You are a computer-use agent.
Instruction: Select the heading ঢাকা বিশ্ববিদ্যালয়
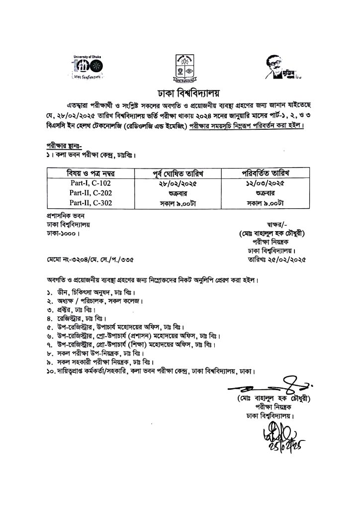(x=180, y=93)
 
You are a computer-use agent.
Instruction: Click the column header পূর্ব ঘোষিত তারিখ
(x=180, y=173)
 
